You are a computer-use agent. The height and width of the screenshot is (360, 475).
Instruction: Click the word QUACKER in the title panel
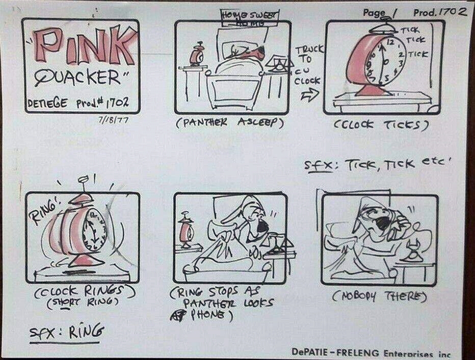coord(79,77)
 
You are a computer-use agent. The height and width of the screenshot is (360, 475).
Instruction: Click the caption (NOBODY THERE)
coord(378,296)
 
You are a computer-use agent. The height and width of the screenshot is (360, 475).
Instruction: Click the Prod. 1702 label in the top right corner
coord(439,12)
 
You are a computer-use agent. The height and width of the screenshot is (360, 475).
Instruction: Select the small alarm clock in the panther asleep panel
coord(195,56)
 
